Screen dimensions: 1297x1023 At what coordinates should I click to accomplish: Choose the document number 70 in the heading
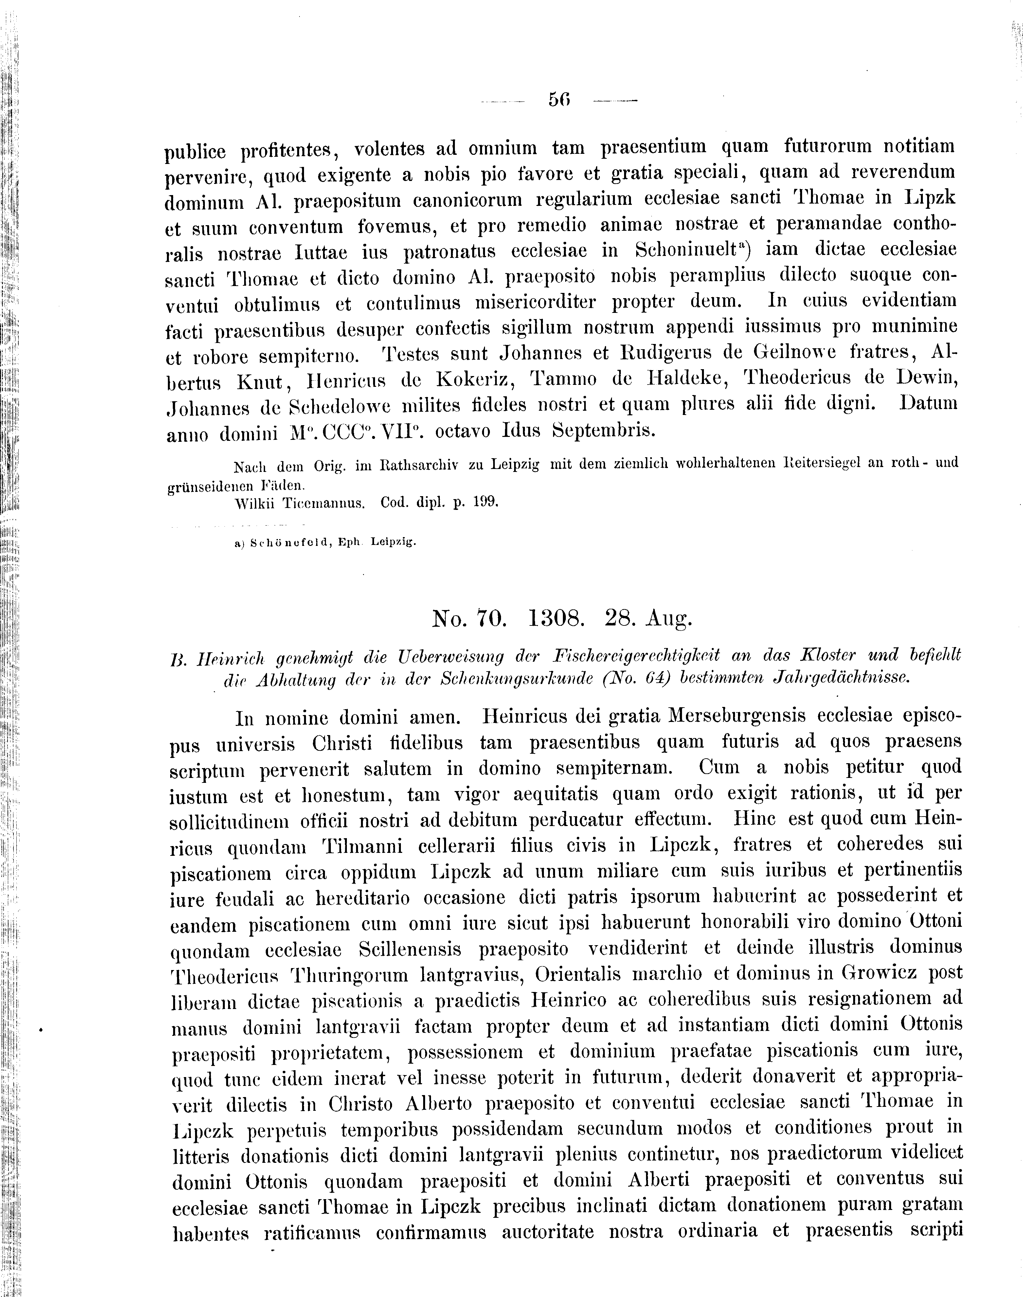click(x=490, y=618)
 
